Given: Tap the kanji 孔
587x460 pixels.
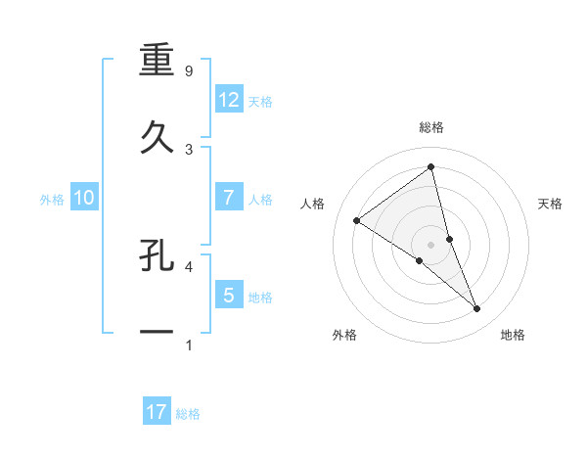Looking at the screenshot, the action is coord(157,257).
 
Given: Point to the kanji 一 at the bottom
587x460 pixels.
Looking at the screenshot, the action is coord(157,334).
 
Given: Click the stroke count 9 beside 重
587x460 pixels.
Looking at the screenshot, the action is coord(189,71).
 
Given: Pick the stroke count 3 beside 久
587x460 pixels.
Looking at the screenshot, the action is coord(189,150).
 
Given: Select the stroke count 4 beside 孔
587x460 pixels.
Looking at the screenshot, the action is coord(189,265).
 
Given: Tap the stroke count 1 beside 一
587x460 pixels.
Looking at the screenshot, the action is coord(189,345).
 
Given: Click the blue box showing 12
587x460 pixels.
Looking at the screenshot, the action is coord(228,100).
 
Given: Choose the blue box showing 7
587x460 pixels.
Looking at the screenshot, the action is coord(228,198).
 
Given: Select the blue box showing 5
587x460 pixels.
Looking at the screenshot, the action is coord(228,295).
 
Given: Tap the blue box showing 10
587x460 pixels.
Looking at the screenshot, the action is coord(83,198).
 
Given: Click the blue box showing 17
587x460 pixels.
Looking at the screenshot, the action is coord(156,413).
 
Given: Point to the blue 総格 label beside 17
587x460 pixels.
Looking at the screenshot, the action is coord(188,414).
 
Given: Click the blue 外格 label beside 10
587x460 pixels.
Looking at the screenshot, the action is coord(52,199).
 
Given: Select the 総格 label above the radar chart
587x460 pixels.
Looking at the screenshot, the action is coord(431,127).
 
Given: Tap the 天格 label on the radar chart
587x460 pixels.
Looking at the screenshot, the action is coord(551,204).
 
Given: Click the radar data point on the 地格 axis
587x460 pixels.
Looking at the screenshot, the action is coord(477,309).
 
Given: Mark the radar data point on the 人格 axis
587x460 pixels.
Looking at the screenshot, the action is coord(356,220).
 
